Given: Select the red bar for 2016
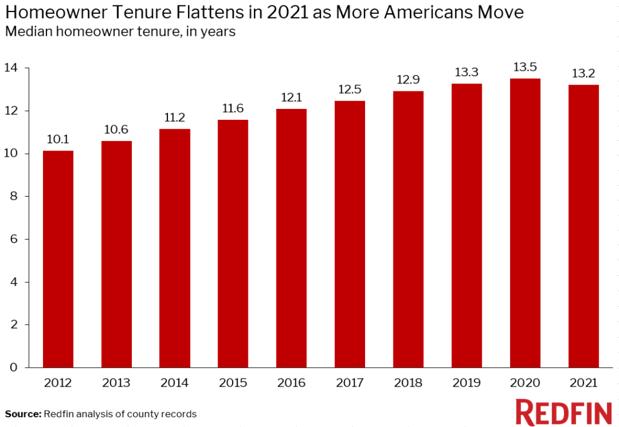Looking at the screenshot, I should (291, 238).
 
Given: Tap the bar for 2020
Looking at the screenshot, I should (525, 223).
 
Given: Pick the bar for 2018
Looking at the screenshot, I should (408, 229).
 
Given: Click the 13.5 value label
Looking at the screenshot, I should (525, 68).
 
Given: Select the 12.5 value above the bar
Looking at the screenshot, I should (350, 90).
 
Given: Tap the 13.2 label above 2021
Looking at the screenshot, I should (583, 74).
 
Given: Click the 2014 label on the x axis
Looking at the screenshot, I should (175, 383).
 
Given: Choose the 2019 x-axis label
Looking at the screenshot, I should (467, 383).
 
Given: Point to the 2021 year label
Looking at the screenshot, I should (583, 383).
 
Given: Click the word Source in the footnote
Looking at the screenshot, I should (23, 414).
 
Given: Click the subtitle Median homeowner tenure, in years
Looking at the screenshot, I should (120, 32).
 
